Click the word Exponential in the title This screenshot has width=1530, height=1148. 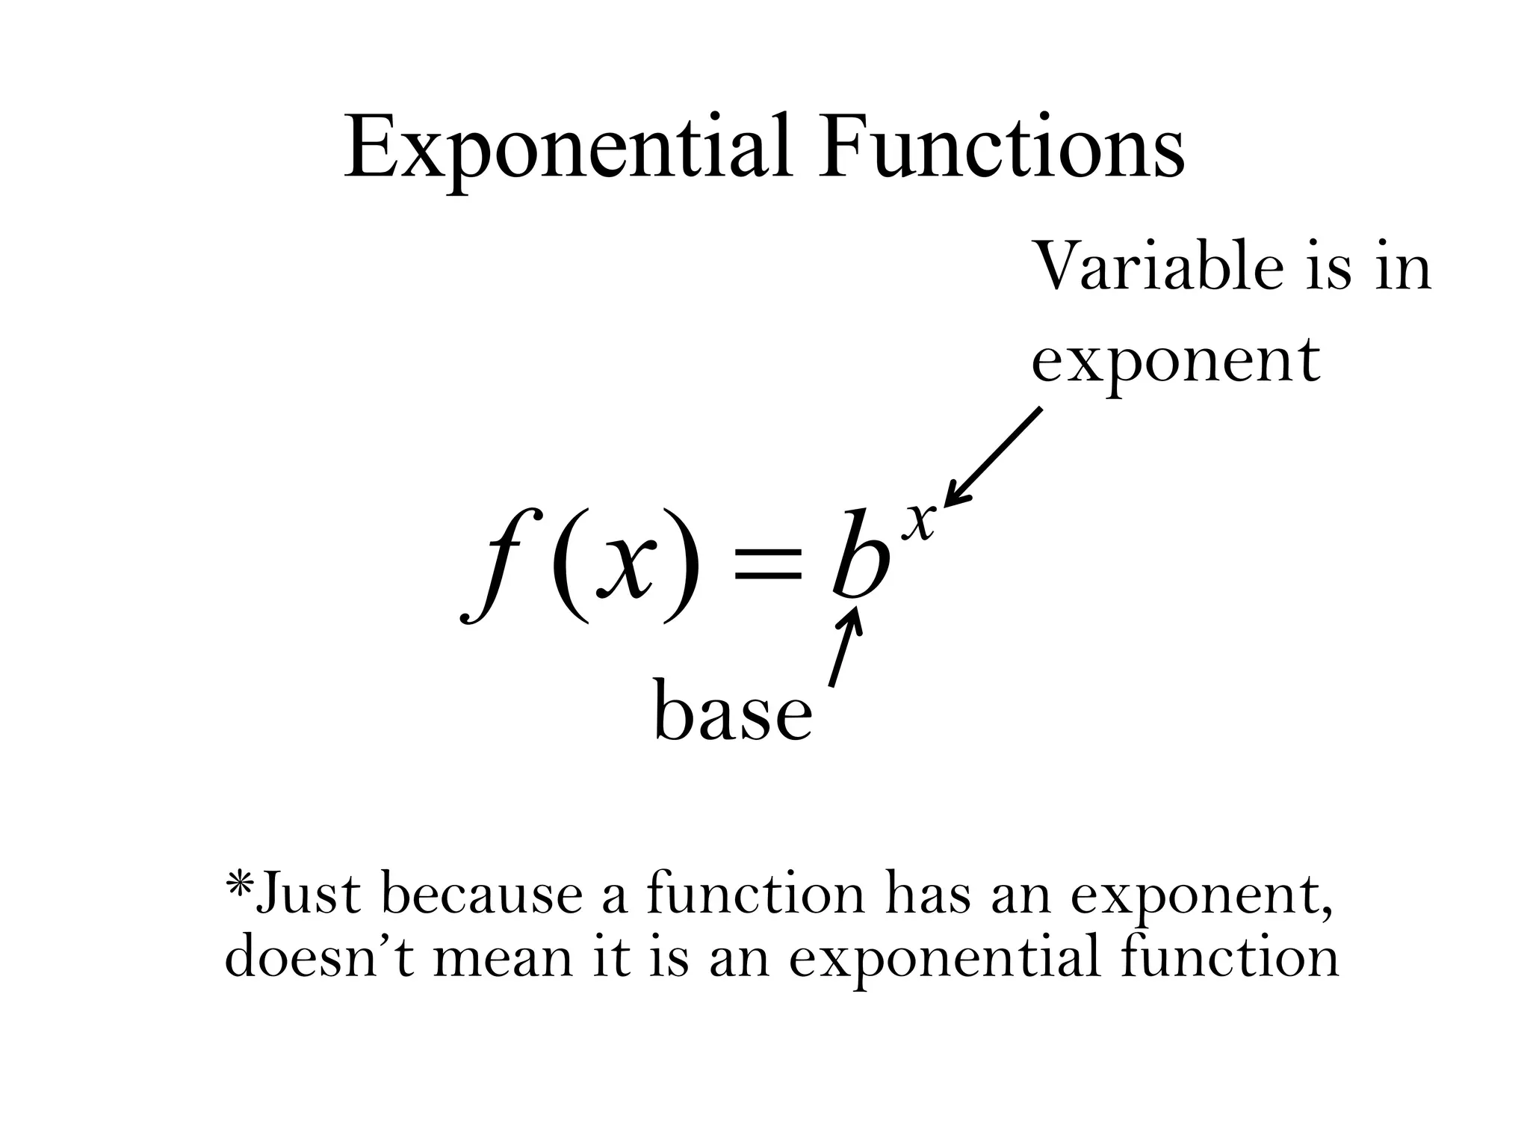tap(568, 149)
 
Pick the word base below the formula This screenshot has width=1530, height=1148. tap(732, 712)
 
